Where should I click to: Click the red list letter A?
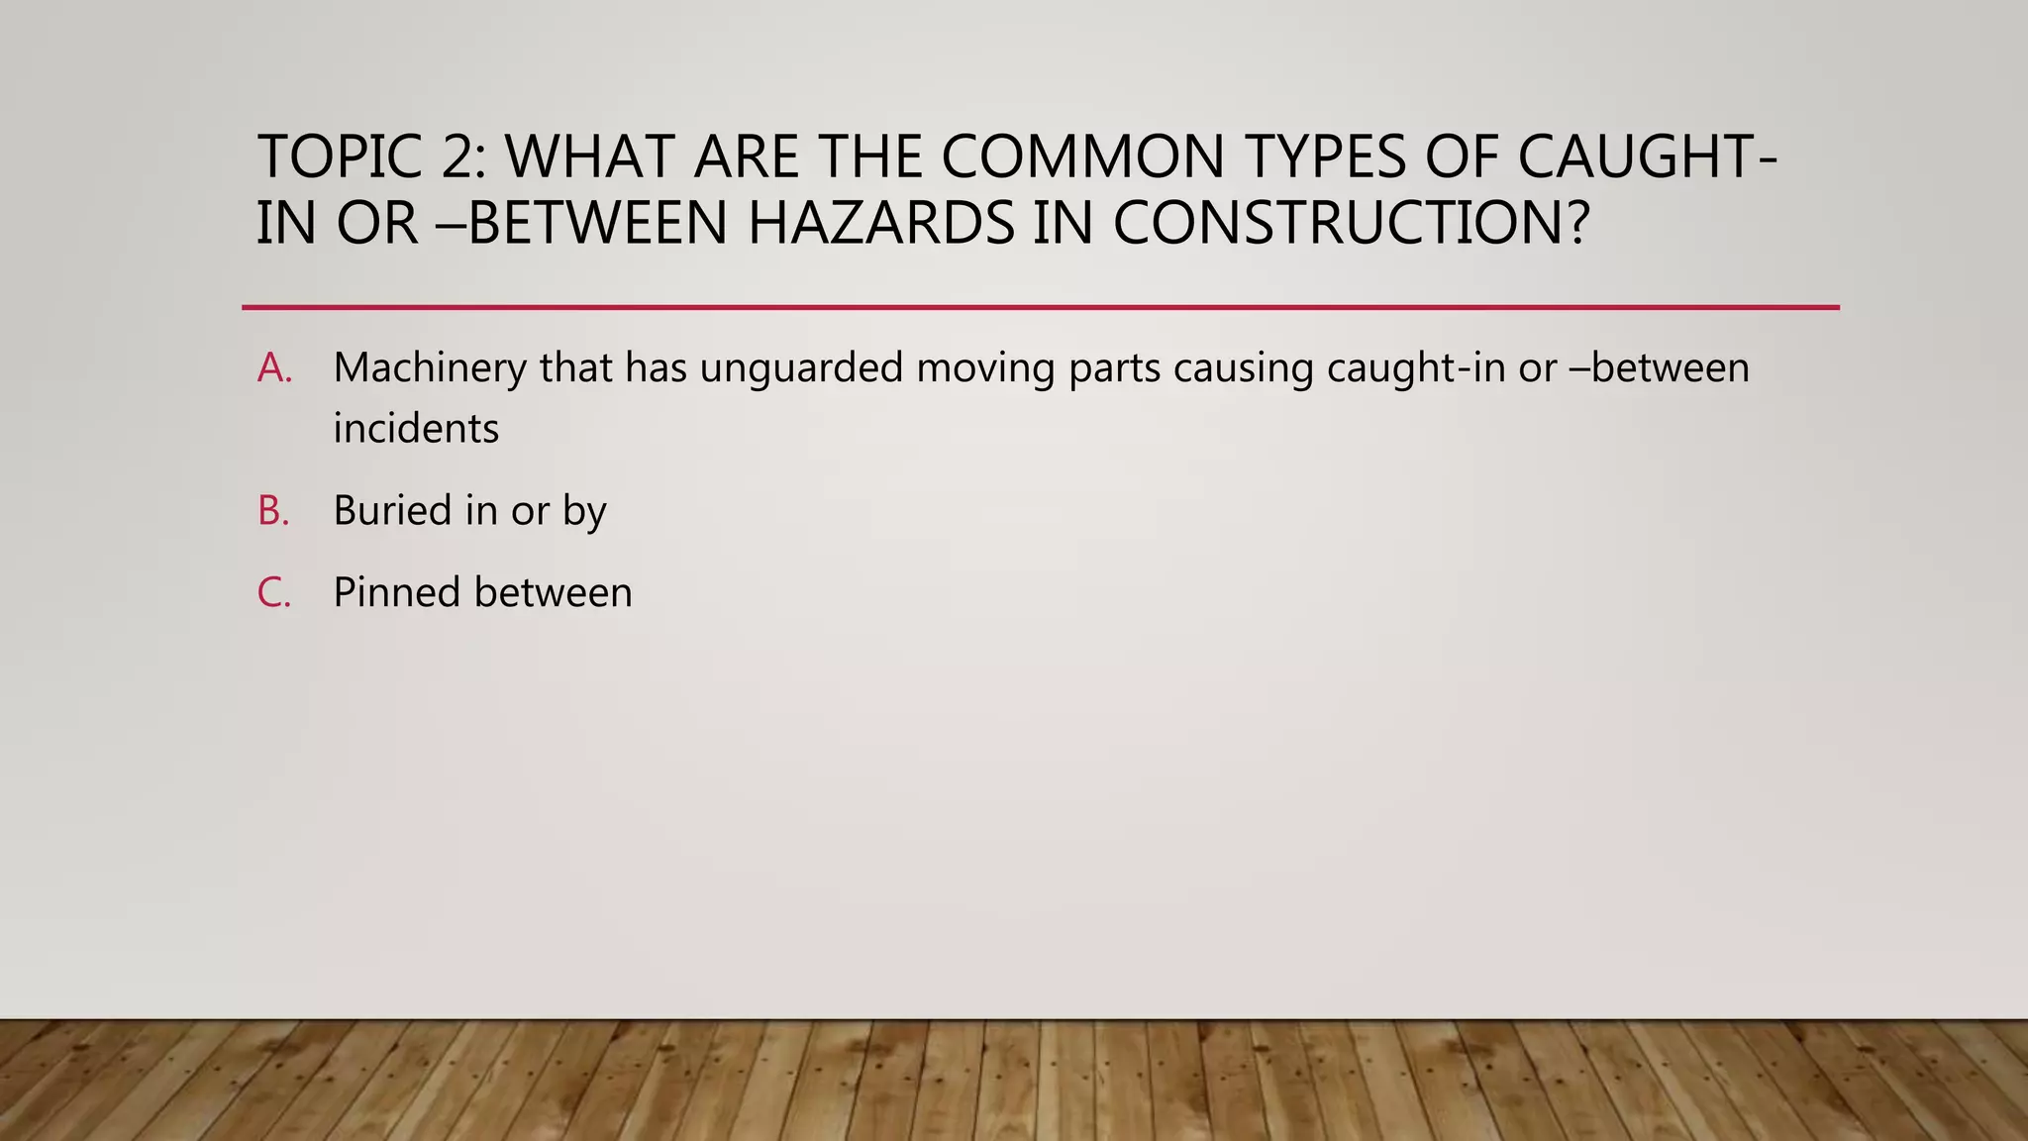point(273,368)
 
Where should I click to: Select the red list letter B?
point(272,511)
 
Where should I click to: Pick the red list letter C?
point(273,593)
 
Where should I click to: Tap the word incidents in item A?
point(416,429)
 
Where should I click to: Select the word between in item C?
point(554,593)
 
